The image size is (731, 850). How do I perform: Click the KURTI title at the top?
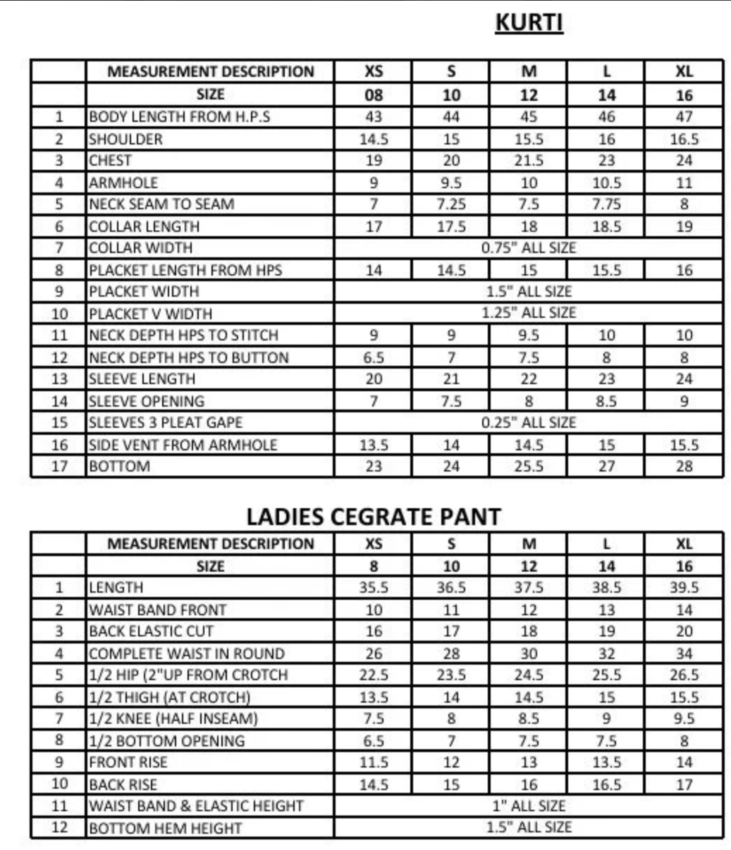(529, 23)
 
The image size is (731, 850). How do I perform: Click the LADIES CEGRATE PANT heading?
(373, 517)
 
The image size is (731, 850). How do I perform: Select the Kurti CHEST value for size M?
(529, 161)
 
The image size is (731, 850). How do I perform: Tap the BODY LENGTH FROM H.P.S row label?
(179, 117)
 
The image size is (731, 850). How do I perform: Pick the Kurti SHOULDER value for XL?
(684, 139)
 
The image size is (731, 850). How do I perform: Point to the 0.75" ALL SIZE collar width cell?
(529, 248)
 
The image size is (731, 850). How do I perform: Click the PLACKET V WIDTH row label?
(150, 314)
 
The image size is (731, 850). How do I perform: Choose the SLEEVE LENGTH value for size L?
(606, 379)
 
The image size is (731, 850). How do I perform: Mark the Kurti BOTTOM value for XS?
(374, 467)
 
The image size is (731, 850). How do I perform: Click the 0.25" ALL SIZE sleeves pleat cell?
(529, 423)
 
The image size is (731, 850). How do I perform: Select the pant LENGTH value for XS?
(374, 588)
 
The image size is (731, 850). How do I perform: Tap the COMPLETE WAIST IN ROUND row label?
(187, 653)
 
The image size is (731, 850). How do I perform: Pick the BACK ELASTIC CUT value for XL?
(684, 632)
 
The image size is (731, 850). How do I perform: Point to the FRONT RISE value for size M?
(529, 763)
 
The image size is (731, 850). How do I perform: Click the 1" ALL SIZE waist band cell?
(529, 806)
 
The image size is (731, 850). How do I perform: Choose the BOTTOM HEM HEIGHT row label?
(166, 828)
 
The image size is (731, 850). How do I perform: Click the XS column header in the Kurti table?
(374, 72)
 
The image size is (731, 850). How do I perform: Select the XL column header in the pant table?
(684, 544)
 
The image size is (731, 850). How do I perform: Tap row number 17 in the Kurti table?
(59, 467)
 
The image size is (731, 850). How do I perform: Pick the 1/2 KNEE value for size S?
(451, 719)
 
